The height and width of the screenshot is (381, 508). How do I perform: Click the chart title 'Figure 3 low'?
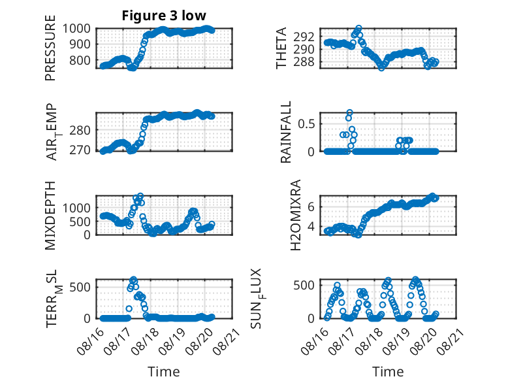pos(164,16)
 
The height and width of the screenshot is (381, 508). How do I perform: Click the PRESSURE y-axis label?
pos(50,48)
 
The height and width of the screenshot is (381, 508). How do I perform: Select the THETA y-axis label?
pos(281,48)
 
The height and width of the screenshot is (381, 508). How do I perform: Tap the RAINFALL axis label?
pos(286,132)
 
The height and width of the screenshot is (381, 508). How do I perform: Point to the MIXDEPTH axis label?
pos(50,216)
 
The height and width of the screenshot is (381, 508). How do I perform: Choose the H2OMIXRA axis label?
pos(296,215)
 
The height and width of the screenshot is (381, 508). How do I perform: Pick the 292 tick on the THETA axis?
pos(304,37)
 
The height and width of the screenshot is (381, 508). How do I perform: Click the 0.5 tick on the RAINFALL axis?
pos(306,124)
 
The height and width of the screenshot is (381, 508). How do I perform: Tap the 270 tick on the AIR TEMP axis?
pos(80,150)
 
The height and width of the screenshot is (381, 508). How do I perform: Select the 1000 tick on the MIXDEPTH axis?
pos(76,208)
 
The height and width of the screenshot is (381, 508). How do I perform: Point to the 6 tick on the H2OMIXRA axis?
pos(311,207)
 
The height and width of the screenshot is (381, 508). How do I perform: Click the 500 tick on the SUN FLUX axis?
pos(304,286)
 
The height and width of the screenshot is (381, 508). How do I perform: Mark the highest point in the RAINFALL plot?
pos(349,112)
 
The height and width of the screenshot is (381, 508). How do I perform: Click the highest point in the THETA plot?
pos(358,28)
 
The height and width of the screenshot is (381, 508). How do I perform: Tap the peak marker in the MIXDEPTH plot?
pos(140,196)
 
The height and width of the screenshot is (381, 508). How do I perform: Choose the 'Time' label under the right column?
pos(388,372)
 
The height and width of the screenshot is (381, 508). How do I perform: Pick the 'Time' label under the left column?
pos(164,372)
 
